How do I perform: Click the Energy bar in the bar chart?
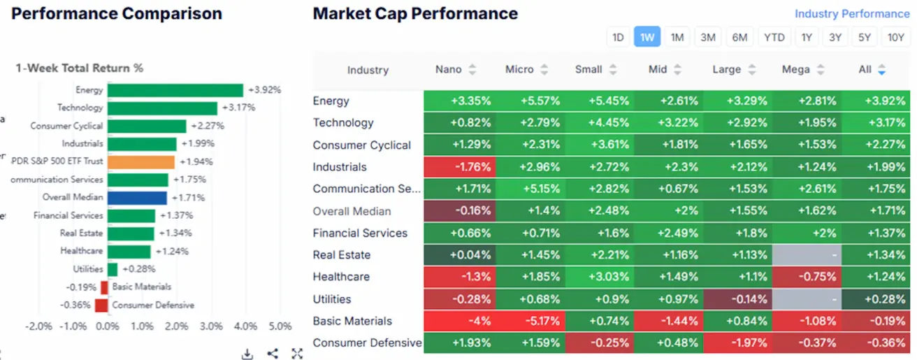(x=175, y=90)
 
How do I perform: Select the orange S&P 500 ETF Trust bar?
(x=141, y=161)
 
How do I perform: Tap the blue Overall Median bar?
(x=137, y=198)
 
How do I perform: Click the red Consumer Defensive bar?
(x=101, y=305)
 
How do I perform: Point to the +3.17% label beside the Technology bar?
(x=238, y=108)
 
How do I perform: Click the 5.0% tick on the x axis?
(x=280, y=326)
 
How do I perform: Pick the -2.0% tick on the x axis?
(x=39, y=326)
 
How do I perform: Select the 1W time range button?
(x=647, y=38)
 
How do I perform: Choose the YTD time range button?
(x=774, y=38)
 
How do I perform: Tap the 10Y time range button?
(x=895, y=38)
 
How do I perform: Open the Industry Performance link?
(x=852, y=14)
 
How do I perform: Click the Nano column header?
(x=449, y=69)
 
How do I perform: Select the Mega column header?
(x=796, y=69)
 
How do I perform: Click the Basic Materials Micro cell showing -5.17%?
(x=529, y=322)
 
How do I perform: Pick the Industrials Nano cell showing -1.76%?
(x=459, y=167)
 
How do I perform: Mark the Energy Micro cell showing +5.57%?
(x=529, y=101)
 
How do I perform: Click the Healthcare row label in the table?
(x=342, y=277)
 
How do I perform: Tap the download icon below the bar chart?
(x=247, y=354)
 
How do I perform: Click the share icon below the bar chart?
(x=273, y=354)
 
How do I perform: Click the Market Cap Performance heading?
(x=415, y=13)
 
